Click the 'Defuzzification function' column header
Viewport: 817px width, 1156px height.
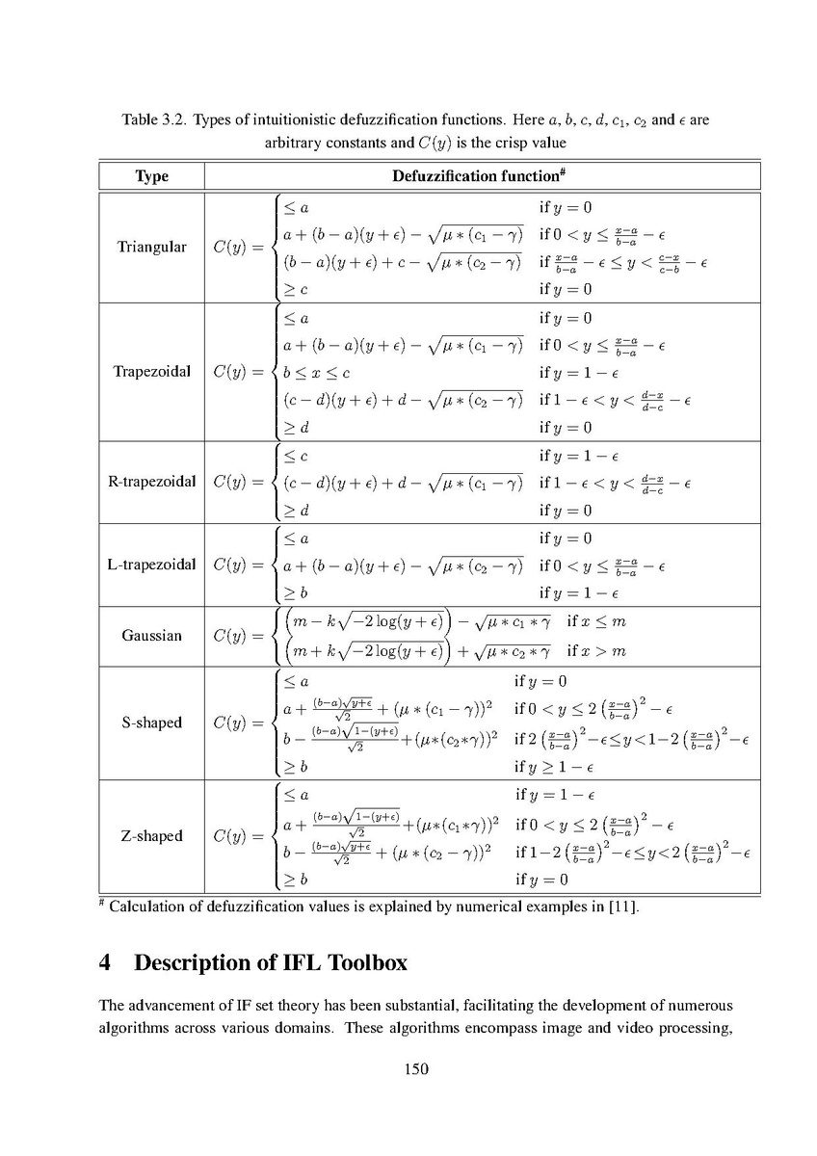tap(477, 176)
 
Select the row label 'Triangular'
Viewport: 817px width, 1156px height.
tap(151, 248)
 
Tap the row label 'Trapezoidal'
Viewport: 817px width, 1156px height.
tap(151, 372)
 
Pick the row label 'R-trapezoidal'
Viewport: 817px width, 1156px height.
tap(151, 482)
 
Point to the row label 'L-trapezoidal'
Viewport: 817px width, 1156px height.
tap(151, 565)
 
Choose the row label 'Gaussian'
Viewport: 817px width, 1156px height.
tap(151, 636)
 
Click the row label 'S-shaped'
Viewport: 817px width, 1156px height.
tap(151, 722)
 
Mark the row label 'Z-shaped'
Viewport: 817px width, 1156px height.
tap(151, 836)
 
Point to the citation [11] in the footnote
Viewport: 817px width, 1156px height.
tap(622, 906)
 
